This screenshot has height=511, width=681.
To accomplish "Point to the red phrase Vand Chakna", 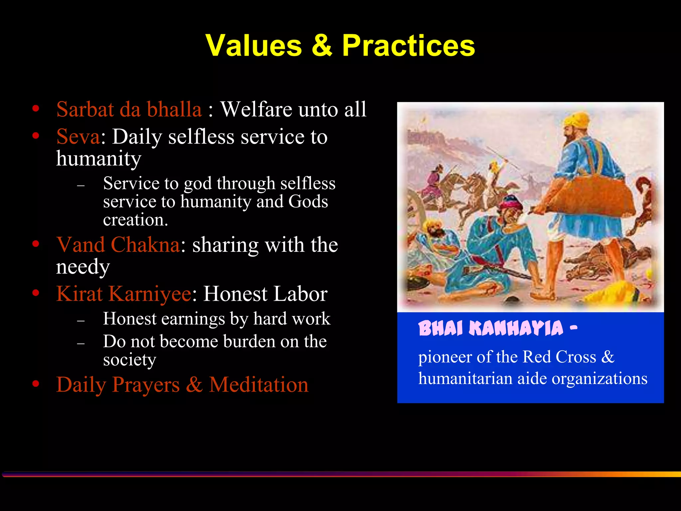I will coord(118,245).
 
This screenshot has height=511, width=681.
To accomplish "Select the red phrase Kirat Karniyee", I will coord(124,294).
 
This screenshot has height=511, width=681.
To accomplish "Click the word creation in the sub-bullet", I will coord(135,220).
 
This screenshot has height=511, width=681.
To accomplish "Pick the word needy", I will coord(83,267).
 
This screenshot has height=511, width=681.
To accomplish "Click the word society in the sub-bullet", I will coord(129,360).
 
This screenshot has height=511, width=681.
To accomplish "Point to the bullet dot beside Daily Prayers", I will coord(36,384).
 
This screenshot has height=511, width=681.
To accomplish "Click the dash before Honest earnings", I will coord(81,321).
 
